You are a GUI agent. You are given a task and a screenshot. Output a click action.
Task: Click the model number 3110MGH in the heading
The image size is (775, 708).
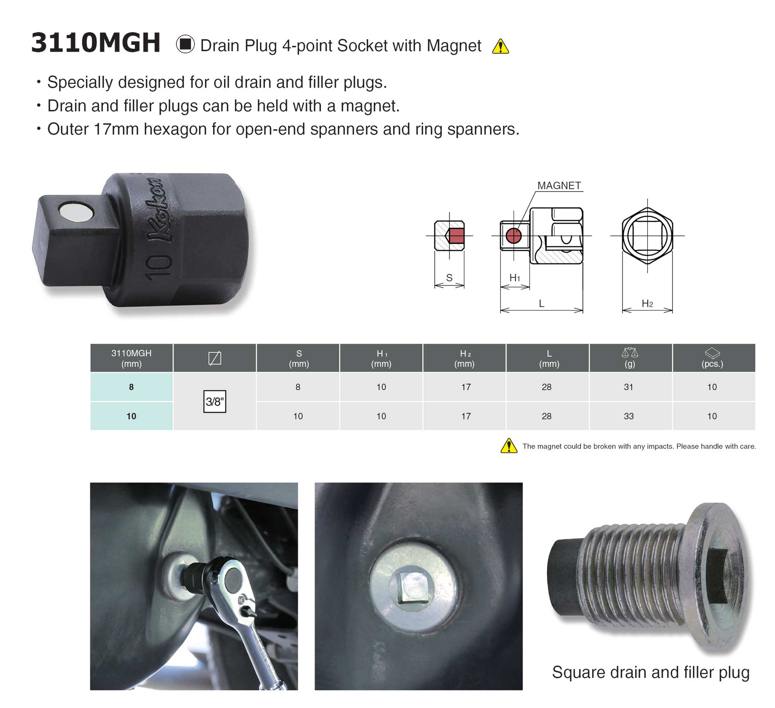(x=96, y=43)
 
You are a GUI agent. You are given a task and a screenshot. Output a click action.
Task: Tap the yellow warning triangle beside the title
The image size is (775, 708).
(x=501, y=46)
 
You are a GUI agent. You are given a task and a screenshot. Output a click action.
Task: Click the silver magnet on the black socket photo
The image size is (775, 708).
(x=75, y=212)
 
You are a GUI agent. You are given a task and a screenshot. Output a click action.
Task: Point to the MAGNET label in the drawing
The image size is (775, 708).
(x=559, y=185)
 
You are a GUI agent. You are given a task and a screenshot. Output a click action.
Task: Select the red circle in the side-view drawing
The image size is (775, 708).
(x=513, y=235)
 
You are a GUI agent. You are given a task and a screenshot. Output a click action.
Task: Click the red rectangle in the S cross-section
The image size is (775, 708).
(x=457, y=236)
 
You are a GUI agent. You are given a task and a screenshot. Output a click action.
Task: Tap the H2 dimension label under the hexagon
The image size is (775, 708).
(x=647, y=304)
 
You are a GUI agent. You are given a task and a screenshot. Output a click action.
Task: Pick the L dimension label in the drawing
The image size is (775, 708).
(x=542, y=303)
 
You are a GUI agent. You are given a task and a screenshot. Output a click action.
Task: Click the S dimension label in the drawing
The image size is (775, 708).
(x=449, y=278)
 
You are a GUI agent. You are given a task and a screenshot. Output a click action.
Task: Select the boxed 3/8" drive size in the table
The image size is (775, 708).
(x=215, y=402)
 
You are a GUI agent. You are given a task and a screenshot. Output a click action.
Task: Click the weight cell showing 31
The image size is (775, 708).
(x=628, y=387)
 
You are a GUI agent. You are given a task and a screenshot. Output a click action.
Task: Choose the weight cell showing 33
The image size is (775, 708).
(x=628, y=416)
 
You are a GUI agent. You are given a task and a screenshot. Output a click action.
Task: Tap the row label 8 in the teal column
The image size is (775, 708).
(x=131, y=387)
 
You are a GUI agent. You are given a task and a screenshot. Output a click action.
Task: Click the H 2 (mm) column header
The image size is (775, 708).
(x=465, y=358)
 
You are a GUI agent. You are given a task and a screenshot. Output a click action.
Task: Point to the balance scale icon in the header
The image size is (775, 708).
(x=630, y=353)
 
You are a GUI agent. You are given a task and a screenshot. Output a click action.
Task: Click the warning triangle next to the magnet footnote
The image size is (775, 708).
(x=509, y=446)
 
